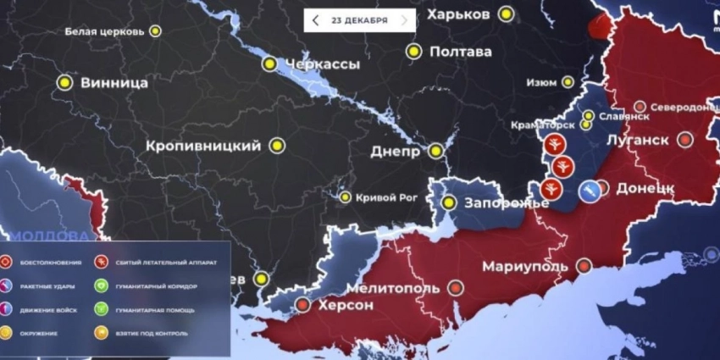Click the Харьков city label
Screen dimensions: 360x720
click(x=457, y=14)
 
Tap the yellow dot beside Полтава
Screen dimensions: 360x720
click(x=413, y=52)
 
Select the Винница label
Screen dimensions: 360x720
click(x=114, y=83)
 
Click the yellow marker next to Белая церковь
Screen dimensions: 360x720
click(x=155, y=31)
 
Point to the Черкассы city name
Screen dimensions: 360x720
click(x=322, y=64)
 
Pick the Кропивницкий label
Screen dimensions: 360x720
click(x=203, y=146)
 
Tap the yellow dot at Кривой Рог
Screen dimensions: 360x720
click(x=346, y=197)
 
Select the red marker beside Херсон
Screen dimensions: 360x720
click(x=302, y=305)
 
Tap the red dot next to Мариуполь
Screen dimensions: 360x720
click(x=584, y=266)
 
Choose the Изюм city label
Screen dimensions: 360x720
click(x=541, y=83)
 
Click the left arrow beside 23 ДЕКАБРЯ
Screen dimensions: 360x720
click(x=315, y=20)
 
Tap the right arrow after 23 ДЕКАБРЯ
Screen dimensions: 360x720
click(x=404, y=20)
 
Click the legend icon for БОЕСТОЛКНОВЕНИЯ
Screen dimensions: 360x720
click(x=7, y=263)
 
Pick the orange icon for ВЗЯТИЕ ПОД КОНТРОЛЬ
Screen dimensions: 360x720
click(x=100, y=334)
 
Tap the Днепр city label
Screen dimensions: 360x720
click(x=396, y=152)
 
